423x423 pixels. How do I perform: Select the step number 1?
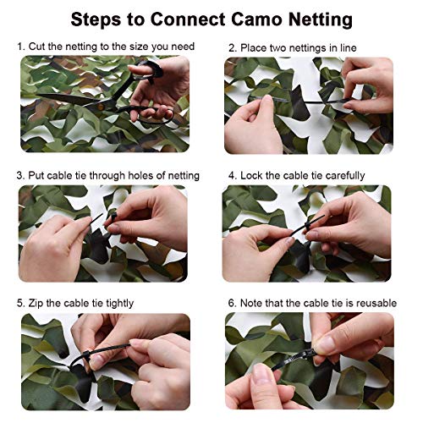tap(20, 47)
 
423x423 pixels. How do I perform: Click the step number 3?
tap(20, 175)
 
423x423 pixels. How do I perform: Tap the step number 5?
tap(20, 302)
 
